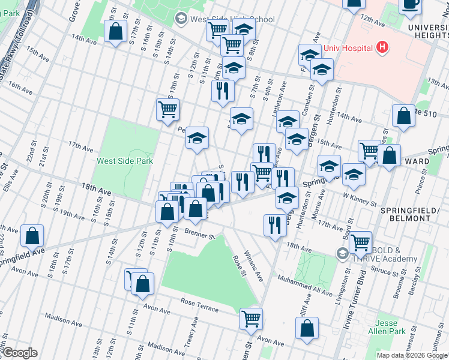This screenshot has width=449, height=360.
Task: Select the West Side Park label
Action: coord(125,161)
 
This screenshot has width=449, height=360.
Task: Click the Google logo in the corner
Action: coord(19,353)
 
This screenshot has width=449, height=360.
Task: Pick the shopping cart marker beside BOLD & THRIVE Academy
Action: coord(360,242)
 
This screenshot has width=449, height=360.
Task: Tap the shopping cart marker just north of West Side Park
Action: coord(168,109)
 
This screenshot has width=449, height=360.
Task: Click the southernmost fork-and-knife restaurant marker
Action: coord(275,226)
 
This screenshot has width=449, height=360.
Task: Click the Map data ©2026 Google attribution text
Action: coord(411,355)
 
